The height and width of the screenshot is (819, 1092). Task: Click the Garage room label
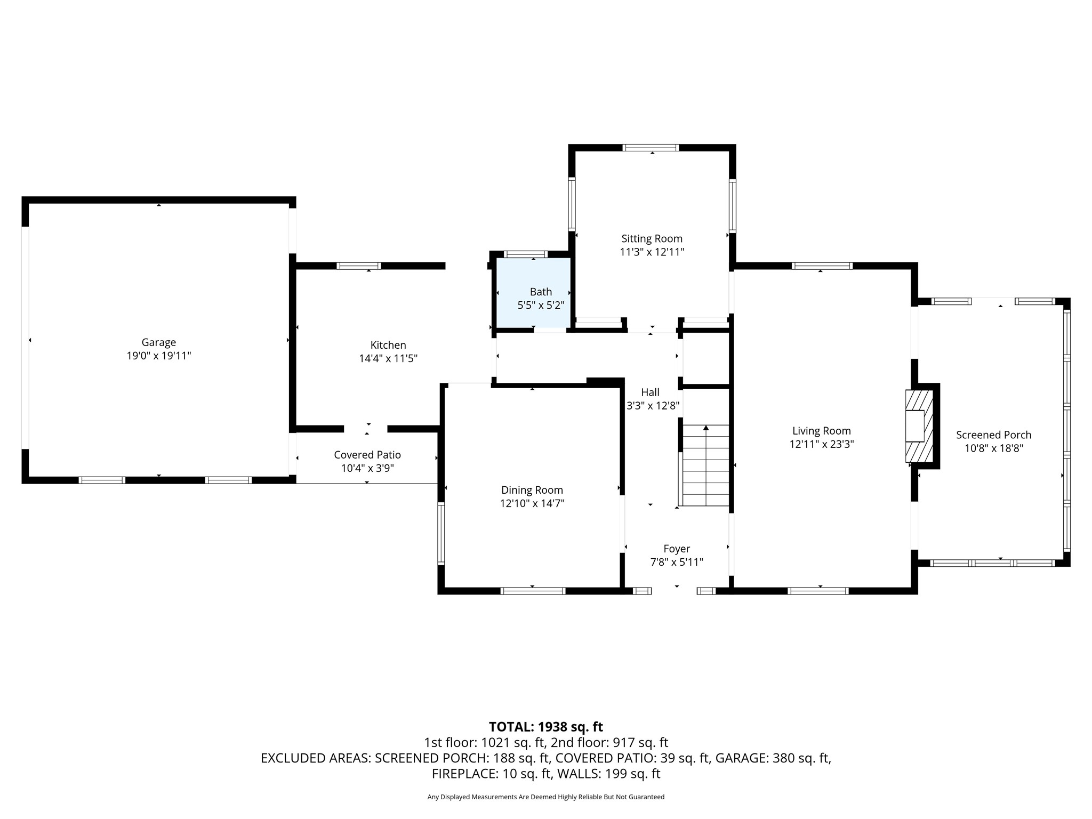[158, 342]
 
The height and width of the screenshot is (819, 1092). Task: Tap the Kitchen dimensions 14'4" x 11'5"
[388, 358]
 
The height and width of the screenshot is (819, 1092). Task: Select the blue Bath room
[534, 293]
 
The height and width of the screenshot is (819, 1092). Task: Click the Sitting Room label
[652, 238]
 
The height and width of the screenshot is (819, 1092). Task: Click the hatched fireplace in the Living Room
[919, 425]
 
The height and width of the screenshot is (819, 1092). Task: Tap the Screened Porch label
[993, 435]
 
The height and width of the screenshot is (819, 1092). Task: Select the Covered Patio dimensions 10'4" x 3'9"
[367, 468]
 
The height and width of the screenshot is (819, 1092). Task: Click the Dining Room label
[532, 490]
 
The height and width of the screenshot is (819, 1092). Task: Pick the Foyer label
[677, 549]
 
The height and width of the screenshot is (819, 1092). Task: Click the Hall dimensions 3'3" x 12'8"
[653, 406]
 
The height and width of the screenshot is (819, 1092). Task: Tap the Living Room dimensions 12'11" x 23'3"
[821, 444]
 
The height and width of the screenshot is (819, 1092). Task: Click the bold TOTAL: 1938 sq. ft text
[545, 727]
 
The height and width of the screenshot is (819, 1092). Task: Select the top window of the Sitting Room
[651, 148]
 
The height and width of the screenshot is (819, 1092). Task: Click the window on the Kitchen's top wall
[359, 266]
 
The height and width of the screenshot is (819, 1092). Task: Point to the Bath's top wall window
[526, 254]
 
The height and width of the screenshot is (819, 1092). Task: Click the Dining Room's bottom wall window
[533, 591]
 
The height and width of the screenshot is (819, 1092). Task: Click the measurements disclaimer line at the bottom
[545, 797]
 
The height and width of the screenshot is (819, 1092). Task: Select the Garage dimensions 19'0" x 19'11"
[158, 356]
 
